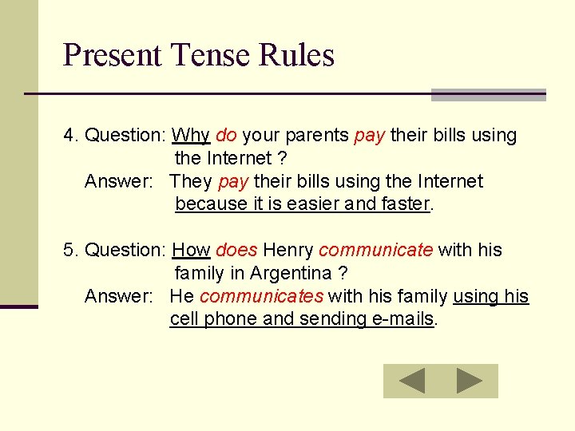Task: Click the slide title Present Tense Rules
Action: point(198,56)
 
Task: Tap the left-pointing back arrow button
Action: point(412,381)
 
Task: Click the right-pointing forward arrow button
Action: point(470,381)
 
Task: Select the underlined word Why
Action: point(191,136)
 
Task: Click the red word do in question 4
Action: point(226,136)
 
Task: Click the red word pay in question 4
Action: point(369,136)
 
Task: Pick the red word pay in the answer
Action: point(233,182)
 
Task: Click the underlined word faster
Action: point(405,204)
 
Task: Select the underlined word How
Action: point(191,251)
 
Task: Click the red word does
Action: point(236,251)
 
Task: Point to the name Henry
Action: point(287,251)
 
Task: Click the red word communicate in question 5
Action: point(375,251)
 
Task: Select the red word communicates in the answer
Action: point(261,297)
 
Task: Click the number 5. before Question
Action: point(71,251)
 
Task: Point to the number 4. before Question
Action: point(71,136)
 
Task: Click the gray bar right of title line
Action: point(488,95)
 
